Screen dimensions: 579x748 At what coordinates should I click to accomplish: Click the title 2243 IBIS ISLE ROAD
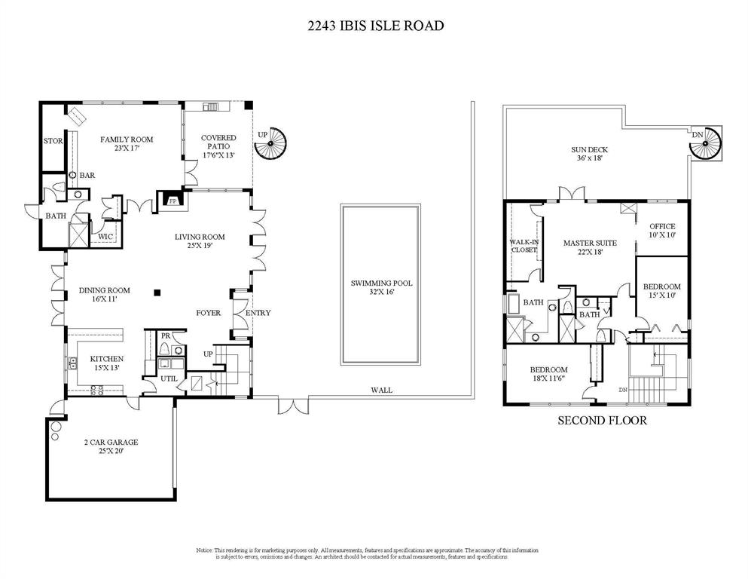tap(375, 26)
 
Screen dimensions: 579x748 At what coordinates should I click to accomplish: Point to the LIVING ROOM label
tap(200, 237)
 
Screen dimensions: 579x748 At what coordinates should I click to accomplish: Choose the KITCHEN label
tap(107, 359)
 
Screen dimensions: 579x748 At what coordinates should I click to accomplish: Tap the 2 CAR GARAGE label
tap(111, 443)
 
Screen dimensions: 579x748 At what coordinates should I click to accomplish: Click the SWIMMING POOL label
tap(381, 283)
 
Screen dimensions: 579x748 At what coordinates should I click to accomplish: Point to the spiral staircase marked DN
tap(705, 143)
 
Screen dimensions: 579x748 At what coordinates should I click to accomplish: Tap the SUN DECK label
tap(589, 150)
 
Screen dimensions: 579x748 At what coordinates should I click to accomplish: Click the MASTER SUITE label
tap(590, 243)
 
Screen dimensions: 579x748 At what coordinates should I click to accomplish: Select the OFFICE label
tap(662, 226)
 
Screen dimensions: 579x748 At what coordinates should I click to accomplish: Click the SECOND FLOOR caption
tap(601, 421)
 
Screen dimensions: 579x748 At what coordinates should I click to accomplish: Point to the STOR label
tap(53, 141)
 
